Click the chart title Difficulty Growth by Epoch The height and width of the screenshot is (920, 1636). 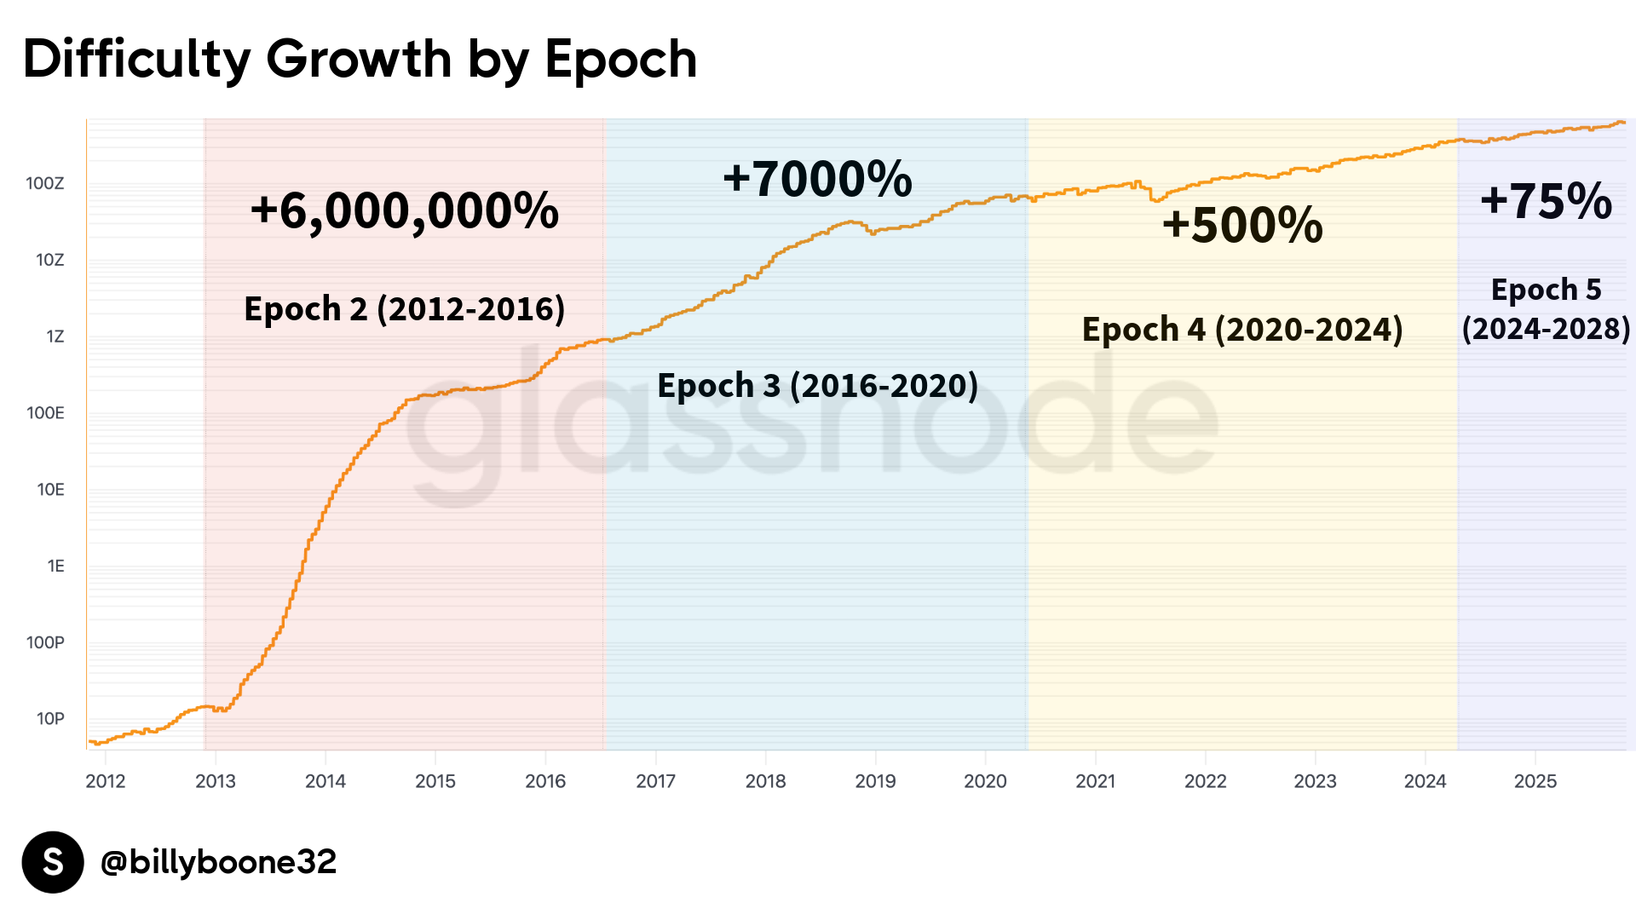(360, 60)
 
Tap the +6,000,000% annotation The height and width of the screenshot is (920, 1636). (405, 210)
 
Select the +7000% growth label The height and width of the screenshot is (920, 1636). (817, 179)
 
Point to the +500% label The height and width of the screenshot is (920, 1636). (1242, 225)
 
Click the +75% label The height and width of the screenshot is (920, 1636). (1546, 201)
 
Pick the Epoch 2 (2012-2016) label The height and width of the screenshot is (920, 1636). (405, 308)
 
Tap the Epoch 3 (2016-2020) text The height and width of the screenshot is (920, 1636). (817, 385)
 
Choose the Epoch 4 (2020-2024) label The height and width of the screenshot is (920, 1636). (1242, 330)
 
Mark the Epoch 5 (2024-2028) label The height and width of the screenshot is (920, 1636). (1546, 309)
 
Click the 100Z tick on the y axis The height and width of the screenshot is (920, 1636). (45, 183)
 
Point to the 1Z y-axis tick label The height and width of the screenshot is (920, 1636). (55, 336)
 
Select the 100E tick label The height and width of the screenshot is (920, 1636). (45, 413)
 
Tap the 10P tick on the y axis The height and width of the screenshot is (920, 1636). (50, 719)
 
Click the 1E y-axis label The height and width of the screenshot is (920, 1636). (55, 566)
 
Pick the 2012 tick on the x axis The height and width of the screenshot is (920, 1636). (106, 781)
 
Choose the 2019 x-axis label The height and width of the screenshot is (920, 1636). (875, 781)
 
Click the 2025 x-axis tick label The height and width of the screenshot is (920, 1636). (1535, 781)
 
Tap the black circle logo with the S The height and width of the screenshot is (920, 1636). (53, 862)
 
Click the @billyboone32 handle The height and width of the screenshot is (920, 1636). (218, 862)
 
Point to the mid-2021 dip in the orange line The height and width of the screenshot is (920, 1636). (1155, 199)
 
